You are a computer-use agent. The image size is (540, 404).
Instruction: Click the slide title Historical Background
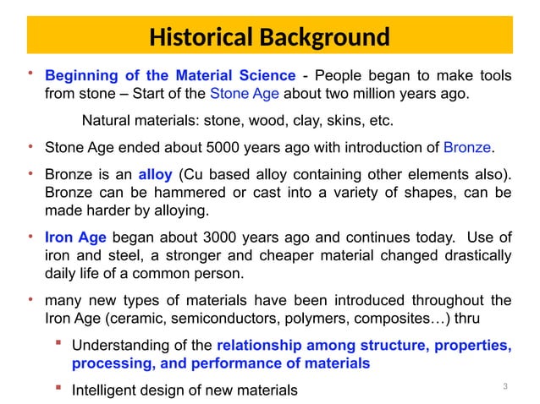269,38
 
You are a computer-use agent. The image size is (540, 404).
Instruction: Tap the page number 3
504,387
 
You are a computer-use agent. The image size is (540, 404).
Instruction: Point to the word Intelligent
108,390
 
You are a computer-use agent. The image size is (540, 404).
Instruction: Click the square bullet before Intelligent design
58,390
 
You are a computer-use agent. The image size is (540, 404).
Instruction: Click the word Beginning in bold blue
79,75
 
